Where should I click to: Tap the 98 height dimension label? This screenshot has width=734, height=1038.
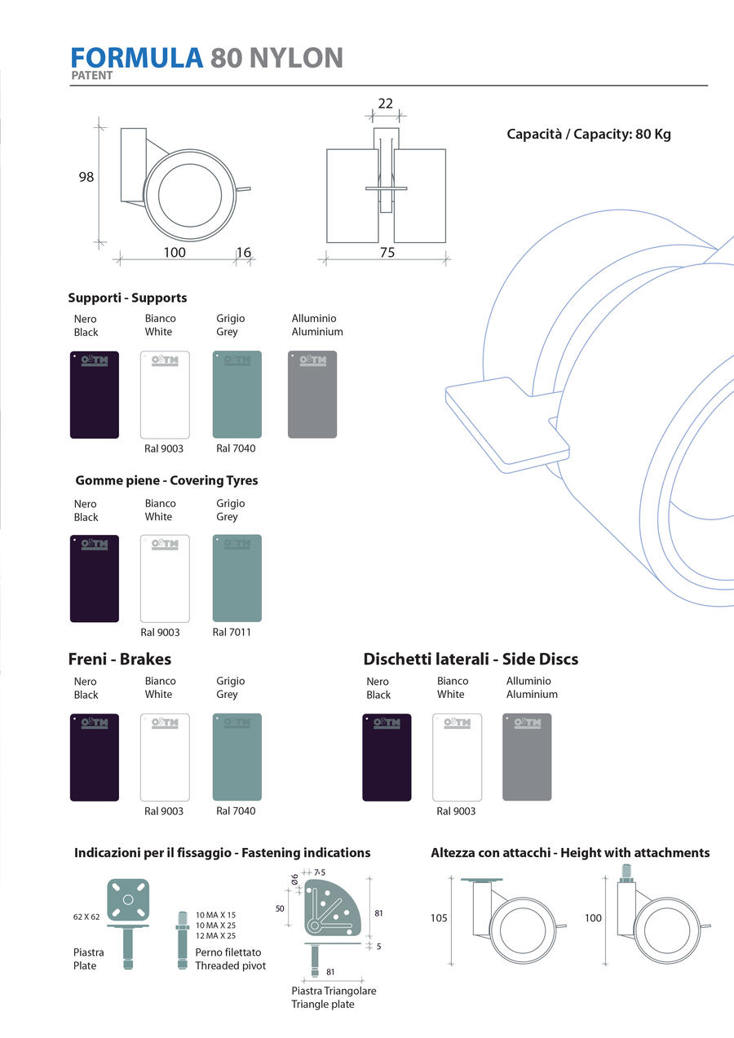86,177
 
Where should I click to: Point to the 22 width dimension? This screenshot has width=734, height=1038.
386,104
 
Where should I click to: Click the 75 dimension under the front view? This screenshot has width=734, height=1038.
387,253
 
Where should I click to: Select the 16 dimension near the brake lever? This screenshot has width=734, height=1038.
244,253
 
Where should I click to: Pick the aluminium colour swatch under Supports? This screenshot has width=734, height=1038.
312,395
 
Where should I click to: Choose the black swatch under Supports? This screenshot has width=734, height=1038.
95,395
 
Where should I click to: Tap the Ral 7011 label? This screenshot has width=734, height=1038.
232,632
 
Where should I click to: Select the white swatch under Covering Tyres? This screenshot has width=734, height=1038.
165,578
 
